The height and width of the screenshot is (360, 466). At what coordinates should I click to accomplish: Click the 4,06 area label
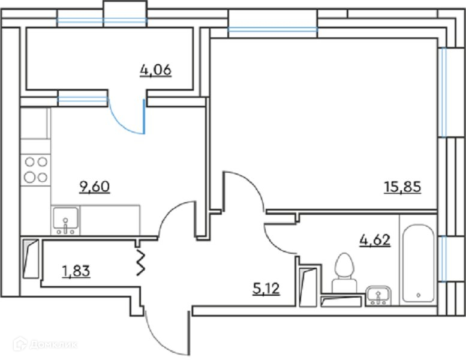(155, 70)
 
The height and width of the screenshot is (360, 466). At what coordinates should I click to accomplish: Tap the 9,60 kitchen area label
(95, 187)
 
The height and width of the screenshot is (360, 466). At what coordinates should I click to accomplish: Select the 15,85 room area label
(402, 187)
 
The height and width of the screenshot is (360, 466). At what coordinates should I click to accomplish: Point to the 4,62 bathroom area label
(375, 241)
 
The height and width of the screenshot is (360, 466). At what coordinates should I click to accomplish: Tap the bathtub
(418, 264)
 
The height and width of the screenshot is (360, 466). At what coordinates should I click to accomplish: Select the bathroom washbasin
(378, 294)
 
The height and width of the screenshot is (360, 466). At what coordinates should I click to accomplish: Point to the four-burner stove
(35, 169)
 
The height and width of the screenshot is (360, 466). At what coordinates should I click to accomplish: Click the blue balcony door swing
(127, 118)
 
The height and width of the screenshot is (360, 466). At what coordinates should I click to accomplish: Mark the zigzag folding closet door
(142, 262)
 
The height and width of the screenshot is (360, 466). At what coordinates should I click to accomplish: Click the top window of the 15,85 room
(273, 29)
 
